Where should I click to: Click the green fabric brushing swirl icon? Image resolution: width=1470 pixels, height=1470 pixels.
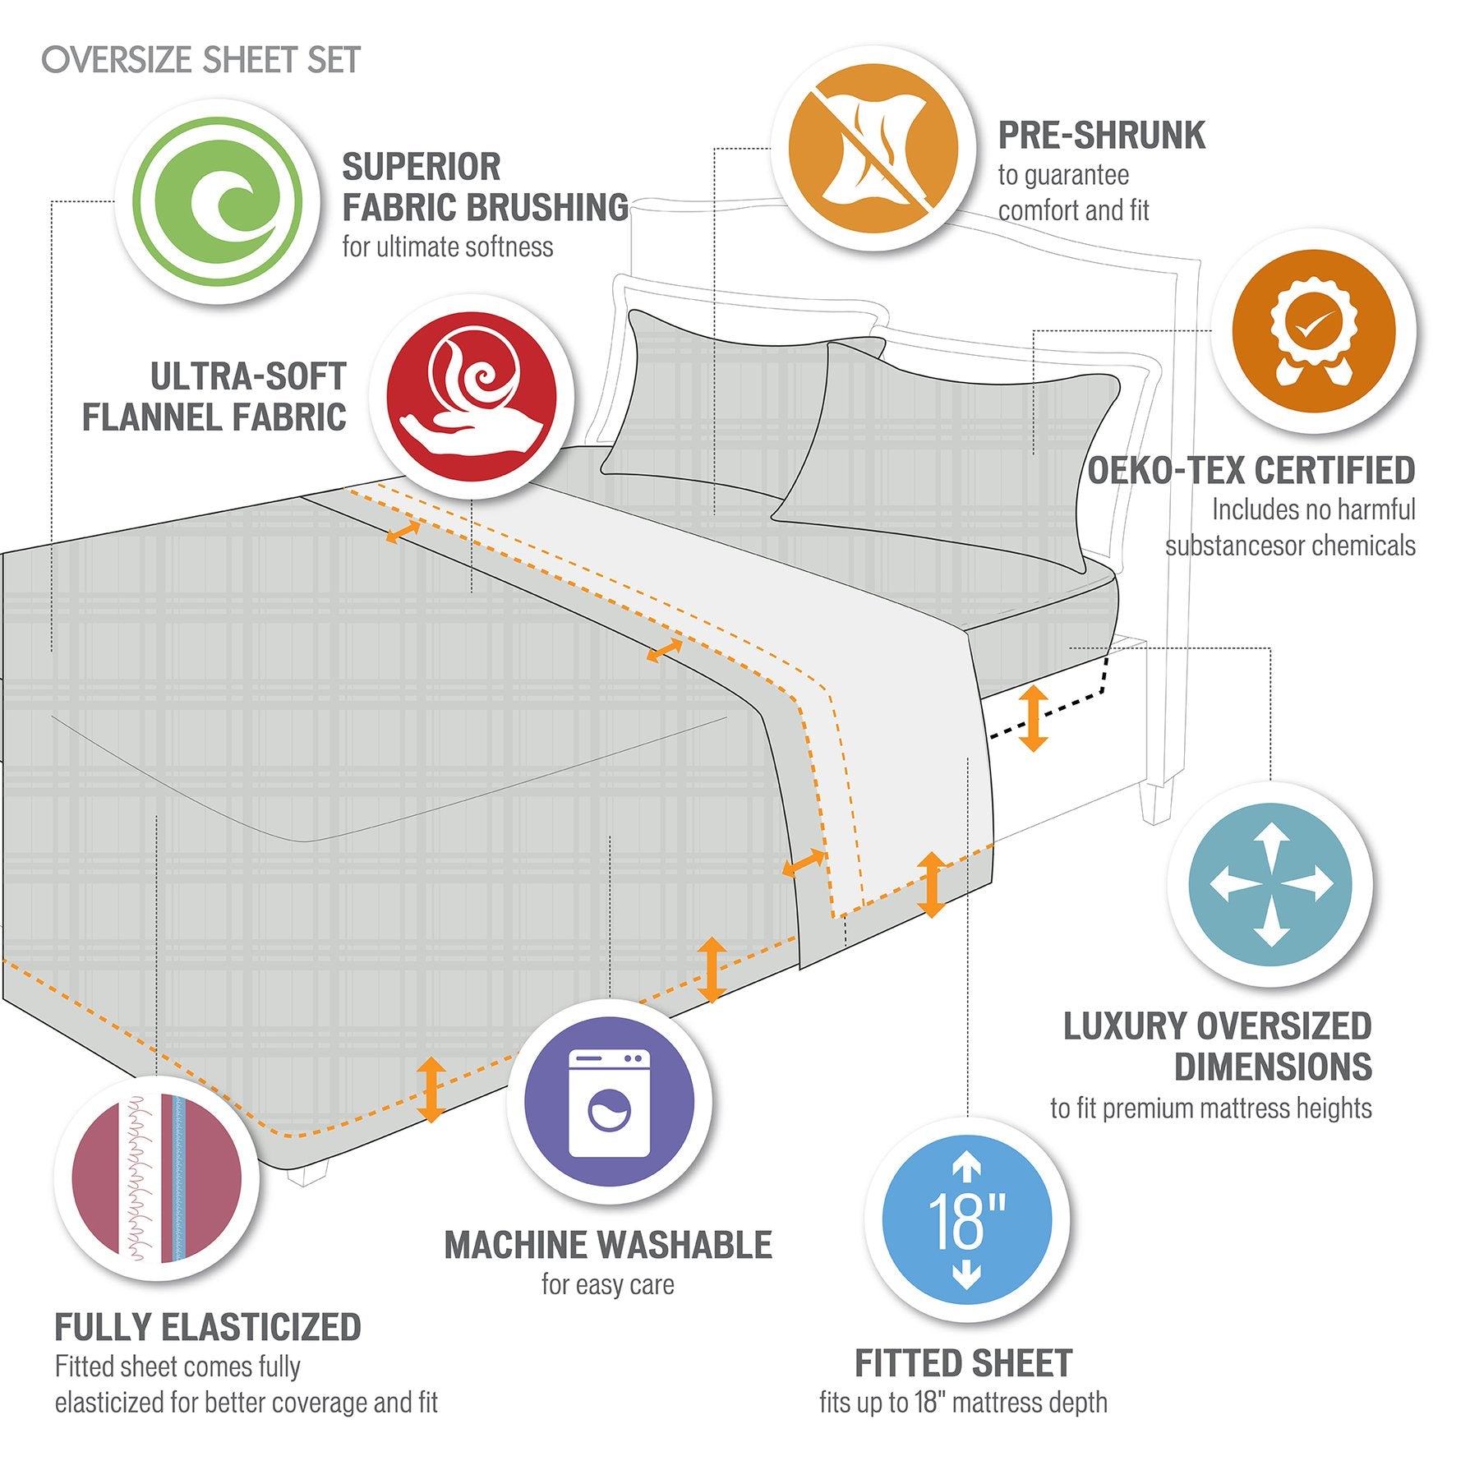coord(217,201)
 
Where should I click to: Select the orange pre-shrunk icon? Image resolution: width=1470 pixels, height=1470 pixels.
coord(873,149)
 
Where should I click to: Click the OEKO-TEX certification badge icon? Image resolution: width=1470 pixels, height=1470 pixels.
coord(1313,331)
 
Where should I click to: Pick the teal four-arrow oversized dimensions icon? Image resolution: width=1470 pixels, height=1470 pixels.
coord(1270,884)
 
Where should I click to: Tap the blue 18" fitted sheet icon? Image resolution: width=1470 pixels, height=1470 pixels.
coord(966,1220)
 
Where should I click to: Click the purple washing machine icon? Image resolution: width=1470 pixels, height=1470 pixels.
coord(609,1102)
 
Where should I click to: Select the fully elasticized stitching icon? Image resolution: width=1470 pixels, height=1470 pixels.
coord(157,1178)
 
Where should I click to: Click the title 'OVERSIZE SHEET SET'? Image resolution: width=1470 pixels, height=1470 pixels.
coord(201,60)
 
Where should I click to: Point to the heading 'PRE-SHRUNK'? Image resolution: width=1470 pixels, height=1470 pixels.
coord(1101,136)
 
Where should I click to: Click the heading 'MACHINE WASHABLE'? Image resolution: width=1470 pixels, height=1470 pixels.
coord(608,1246)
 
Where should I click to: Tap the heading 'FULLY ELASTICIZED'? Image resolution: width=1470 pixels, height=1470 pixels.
coord(208,1328)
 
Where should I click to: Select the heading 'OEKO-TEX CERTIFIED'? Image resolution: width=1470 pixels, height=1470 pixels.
coord(1251,471)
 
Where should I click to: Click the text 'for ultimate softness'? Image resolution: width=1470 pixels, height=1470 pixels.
coord(448,247)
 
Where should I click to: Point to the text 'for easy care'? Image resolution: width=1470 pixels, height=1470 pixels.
coord(608,1284)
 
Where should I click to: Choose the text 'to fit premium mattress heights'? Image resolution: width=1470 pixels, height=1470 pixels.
coord(1210,1108)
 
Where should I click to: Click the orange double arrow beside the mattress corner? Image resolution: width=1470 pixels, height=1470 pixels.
coord(1033,719)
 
